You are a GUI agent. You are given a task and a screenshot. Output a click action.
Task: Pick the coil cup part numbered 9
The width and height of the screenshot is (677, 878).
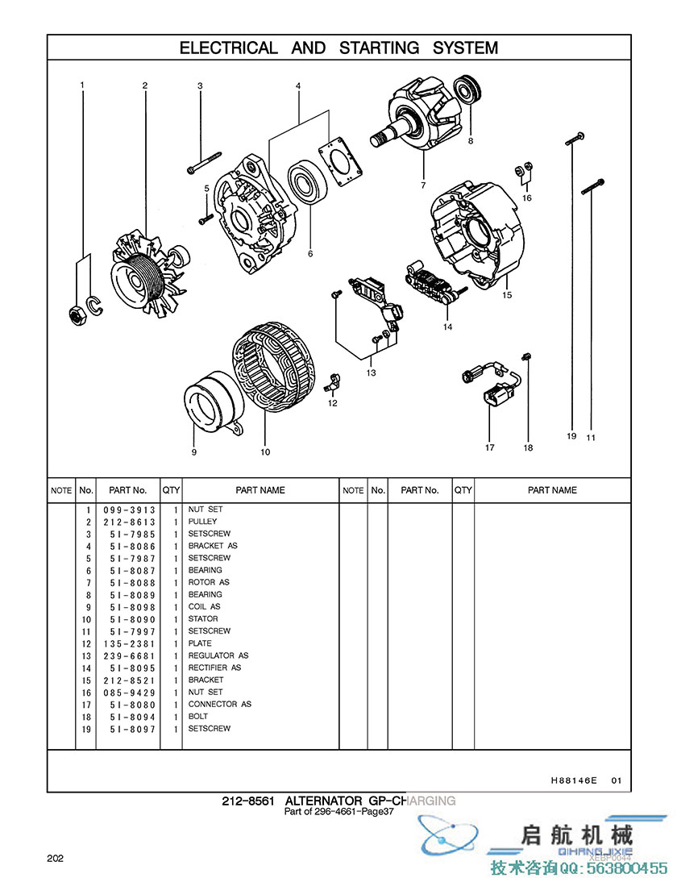pos(211,400)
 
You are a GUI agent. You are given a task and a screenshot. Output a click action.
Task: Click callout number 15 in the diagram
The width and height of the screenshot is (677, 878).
pos(507,295)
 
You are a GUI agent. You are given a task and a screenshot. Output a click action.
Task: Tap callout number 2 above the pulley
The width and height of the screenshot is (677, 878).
pos(145,85)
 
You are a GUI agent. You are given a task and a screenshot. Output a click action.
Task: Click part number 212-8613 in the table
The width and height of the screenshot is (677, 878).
pos(129,522)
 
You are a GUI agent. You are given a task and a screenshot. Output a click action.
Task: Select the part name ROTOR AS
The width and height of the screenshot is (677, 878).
pos(209,582)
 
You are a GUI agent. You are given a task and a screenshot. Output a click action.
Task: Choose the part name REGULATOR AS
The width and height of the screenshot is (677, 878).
pos(218,655)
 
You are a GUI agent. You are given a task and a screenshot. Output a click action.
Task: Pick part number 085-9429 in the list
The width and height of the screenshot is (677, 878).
pos(129,693)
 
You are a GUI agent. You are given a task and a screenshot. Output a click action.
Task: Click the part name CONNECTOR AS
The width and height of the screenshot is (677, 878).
pos(219,704)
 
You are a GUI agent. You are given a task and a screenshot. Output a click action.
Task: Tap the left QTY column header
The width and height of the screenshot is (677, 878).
pos(172,490)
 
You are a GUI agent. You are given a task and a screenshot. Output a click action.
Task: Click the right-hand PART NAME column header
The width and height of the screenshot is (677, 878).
pos(552,490)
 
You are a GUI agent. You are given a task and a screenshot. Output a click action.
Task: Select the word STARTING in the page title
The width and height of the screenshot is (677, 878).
pos(379,48)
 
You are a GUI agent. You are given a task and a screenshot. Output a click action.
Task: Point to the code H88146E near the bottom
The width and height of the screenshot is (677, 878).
pos(574,780)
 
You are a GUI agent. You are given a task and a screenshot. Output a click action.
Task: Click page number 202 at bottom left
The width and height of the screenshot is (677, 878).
pos(55,858)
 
